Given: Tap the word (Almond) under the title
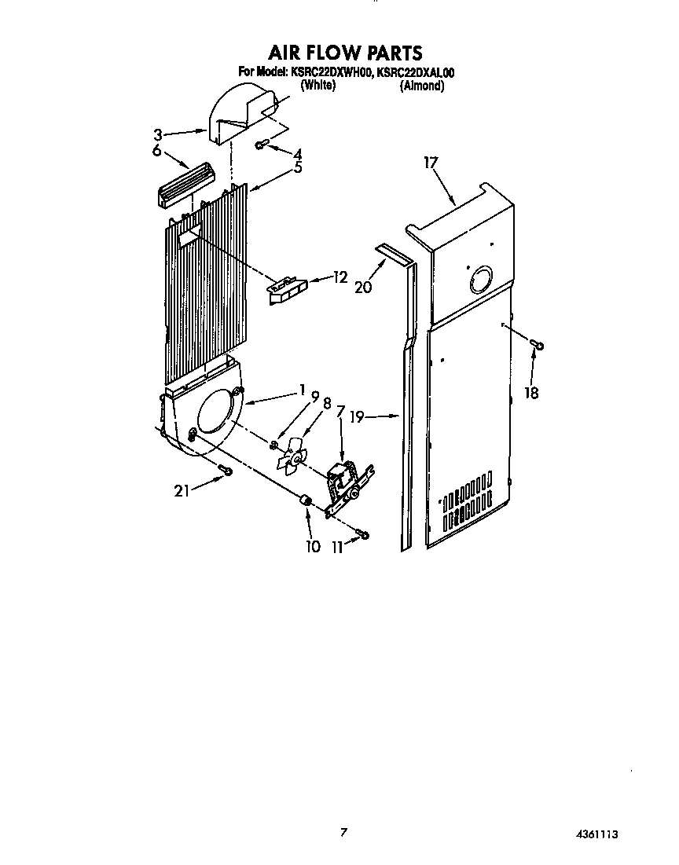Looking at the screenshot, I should click(422, 86).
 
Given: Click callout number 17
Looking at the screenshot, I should click(430, 163).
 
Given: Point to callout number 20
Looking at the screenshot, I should click(362, 288).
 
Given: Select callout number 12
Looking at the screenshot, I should click(339, 277).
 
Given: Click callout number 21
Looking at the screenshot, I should click(182, 491).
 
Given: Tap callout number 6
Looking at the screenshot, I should click(157, 149).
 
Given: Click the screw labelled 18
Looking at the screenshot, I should click(537, 343).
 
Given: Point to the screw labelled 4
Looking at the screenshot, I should click(262, 144).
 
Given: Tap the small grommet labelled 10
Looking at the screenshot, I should click(306, 501).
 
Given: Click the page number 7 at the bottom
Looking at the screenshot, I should click(343, 831).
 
